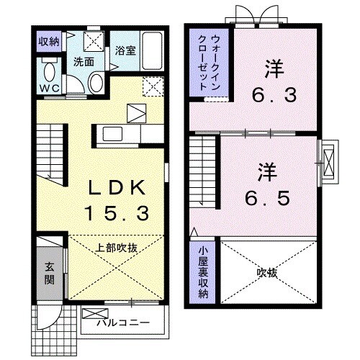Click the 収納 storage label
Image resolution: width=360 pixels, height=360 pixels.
point(49,41)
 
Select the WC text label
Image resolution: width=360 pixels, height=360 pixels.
point(49,89)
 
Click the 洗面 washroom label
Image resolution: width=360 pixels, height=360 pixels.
point(84,61)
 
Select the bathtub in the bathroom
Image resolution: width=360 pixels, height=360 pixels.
point(152,48)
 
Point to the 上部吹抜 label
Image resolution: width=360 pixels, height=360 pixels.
point(117,247)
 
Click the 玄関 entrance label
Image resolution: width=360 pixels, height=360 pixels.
point(48,272)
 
